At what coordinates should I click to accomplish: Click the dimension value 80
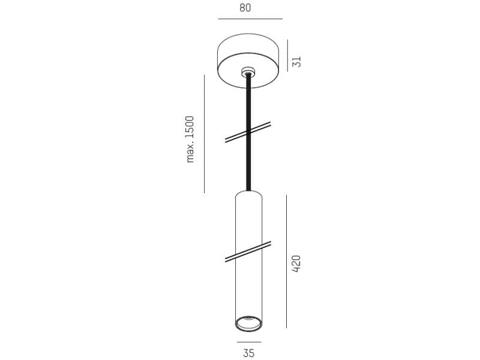(245, 8)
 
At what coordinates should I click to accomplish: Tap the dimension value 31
(296, 61)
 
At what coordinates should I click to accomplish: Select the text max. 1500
(190, 139)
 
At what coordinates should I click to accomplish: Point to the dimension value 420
(296, 264)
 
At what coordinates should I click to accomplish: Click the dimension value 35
(248, 353)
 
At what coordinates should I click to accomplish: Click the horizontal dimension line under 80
(250, 19)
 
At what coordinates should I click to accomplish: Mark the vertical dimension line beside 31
(287, 55)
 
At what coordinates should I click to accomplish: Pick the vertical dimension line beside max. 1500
(204, 133)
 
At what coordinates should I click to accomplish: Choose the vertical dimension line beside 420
(286, 261)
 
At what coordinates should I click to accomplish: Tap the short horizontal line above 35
(248, 342)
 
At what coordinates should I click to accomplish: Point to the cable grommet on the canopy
(248, 71)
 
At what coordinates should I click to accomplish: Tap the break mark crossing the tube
(248, 252)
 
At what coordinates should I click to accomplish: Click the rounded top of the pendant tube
(248, 195)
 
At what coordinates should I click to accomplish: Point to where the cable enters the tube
(248, 191)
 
